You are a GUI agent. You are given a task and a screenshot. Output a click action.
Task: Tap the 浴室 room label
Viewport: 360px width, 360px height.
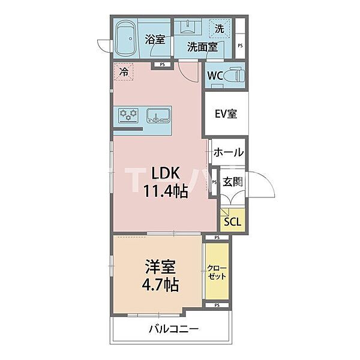(x=155, y=40)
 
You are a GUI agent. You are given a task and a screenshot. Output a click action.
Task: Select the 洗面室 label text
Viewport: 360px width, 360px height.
(x=202, y=46)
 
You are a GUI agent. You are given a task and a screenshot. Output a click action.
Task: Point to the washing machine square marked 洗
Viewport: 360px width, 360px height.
(x=220, y=28)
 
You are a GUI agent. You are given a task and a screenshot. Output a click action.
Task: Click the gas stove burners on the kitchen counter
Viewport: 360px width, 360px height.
(x=128, y=115)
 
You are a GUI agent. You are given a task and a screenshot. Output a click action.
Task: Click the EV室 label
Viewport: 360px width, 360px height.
(x=226, y=113)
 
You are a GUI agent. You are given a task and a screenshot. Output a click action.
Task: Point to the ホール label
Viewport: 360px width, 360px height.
(x=228, y=152)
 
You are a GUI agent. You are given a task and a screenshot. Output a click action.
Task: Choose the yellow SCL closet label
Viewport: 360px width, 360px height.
(x=232, y=221)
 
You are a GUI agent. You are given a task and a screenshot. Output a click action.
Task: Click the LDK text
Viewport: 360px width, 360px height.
(x=165, y=172)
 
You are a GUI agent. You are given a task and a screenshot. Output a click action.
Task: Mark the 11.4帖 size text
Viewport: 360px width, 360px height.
(x=165, y=191)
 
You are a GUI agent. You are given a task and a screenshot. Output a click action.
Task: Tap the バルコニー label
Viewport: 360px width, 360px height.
(x=173, y=329)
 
